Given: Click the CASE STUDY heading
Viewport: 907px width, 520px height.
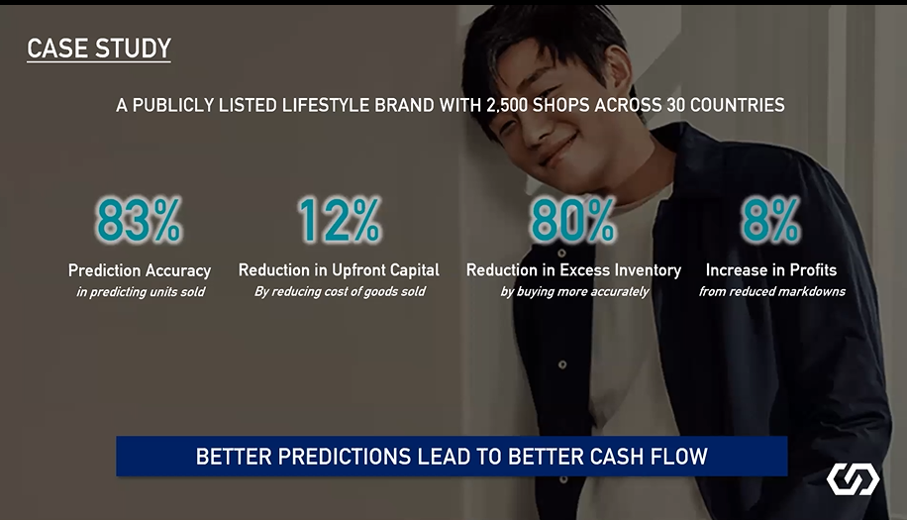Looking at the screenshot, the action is click(99, 49).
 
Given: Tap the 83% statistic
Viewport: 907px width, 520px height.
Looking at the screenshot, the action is click(139, 220).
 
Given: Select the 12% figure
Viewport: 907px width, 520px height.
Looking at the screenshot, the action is click(340, 220).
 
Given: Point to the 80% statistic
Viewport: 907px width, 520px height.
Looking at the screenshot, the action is click(573, 220).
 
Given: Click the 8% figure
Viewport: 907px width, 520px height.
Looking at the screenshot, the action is click(771, 220).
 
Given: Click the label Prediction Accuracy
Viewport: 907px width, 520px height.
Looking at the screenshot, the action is click(140, 270).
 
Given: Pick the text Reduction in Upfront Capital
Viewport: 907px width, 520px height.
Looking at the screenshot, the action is click(339, 270).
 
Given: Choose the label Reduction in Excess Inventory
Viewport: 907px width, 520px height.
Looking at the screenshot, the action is click(574, 270).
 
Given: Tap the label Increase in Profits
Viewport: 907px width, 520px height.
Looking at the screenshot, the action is click(771, 270).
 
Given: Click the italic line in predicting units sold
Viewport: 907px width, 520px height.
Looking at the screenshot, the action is click(141, 292).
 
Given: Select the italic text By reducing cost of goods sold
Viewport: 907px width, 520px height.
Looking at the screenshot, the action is click(340, 291).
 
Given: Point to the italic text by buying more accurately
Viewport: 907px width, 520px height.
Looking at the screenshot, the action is click(574, 291).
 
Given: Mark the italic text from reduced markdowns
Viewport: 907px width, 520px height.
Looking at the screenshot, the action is click(771, 291).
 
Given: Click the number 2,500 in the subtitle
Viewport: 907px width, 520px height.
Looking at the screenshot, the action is click(507, 105).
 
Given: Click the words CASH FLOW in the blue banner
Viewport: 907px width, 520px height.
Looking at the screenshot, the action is click(649, 457).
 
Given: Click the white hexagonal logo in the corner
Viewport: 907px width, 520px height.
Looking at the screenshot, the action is click(853, 479).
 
